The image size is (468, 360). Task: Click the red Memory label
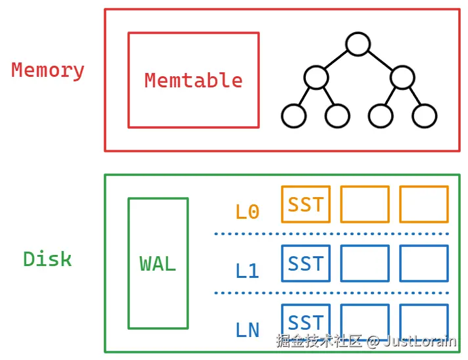(x=48, y=70)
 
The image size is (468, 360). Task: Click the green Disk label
(x=47, y=259)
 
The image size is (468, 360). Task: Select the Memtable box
(x=193, y=80)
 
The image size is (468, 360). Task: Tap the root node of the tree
(x=358, y=44)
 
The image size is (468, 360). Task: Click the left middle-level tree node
(x=316, y=78)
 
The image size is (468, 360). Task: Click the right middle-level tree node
(x=402, y=78)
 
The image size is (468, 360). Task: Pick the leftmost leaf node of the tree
(x=293, y=116)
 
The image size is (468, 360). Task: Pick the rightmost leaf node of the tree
(x=425, y=116)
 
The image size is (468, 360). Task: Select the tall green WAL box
(x=158, y=263)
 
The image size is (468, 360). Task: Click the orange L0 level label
(x=247, y=212)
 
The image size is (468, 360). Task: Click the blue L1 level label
(x=247, y=271)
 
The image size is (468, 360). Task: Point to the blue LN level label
(x=247, y=330)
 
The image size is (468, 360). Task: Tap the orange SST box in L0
(x=306, y=204)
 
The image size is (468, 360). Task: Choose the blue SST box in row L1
(x=306, y=263)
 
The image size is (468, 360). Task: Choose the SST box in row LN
(x=306, y=322)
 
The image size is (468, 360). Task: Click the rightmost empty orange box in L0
(x=424, y=204)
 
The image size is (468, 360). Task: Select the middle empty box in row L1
(x=365, y=263)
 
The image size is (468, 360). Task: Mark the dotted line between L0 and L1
(x=331, y=233)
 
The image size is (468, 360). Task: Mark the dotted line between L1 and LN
(x=331, y=293)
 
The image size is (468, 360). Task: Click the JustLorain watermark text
(x=420, y=341)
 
